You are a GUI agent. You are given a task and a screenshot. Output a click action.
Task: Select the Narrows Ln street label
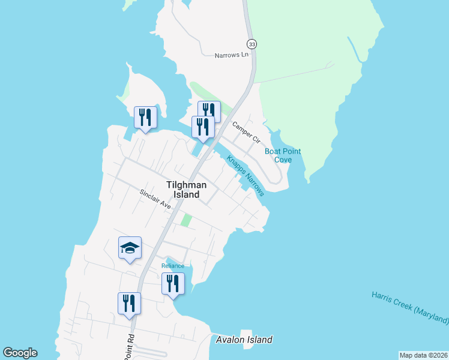[232, 55]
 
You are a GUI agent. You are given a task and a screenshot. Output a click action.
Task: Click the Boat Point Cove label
[283, 155]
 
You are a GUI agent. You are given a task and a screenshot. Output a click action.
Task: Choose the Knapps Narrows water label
[246, 176]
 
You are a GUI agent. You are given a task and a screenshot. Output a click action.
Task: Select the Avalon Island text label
[244, 340]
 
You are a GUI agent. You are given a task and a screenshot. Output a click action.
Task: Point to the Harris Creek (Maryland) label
[410, 306]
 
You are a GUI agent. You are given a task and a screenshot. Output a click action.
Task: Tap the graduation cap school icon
[130, 248]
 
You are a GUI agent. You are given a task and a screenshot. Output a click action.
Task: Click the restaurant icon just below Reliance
[173, 283]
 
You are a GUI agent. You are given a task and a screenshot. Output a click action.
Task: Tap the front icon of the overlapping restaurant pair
[202, 127]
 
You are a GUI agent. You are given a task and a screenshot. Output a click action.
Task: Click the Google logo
[20, 353]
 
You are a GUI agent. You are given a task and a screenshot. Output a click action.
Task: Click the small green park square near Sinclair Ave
[186, 221]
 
